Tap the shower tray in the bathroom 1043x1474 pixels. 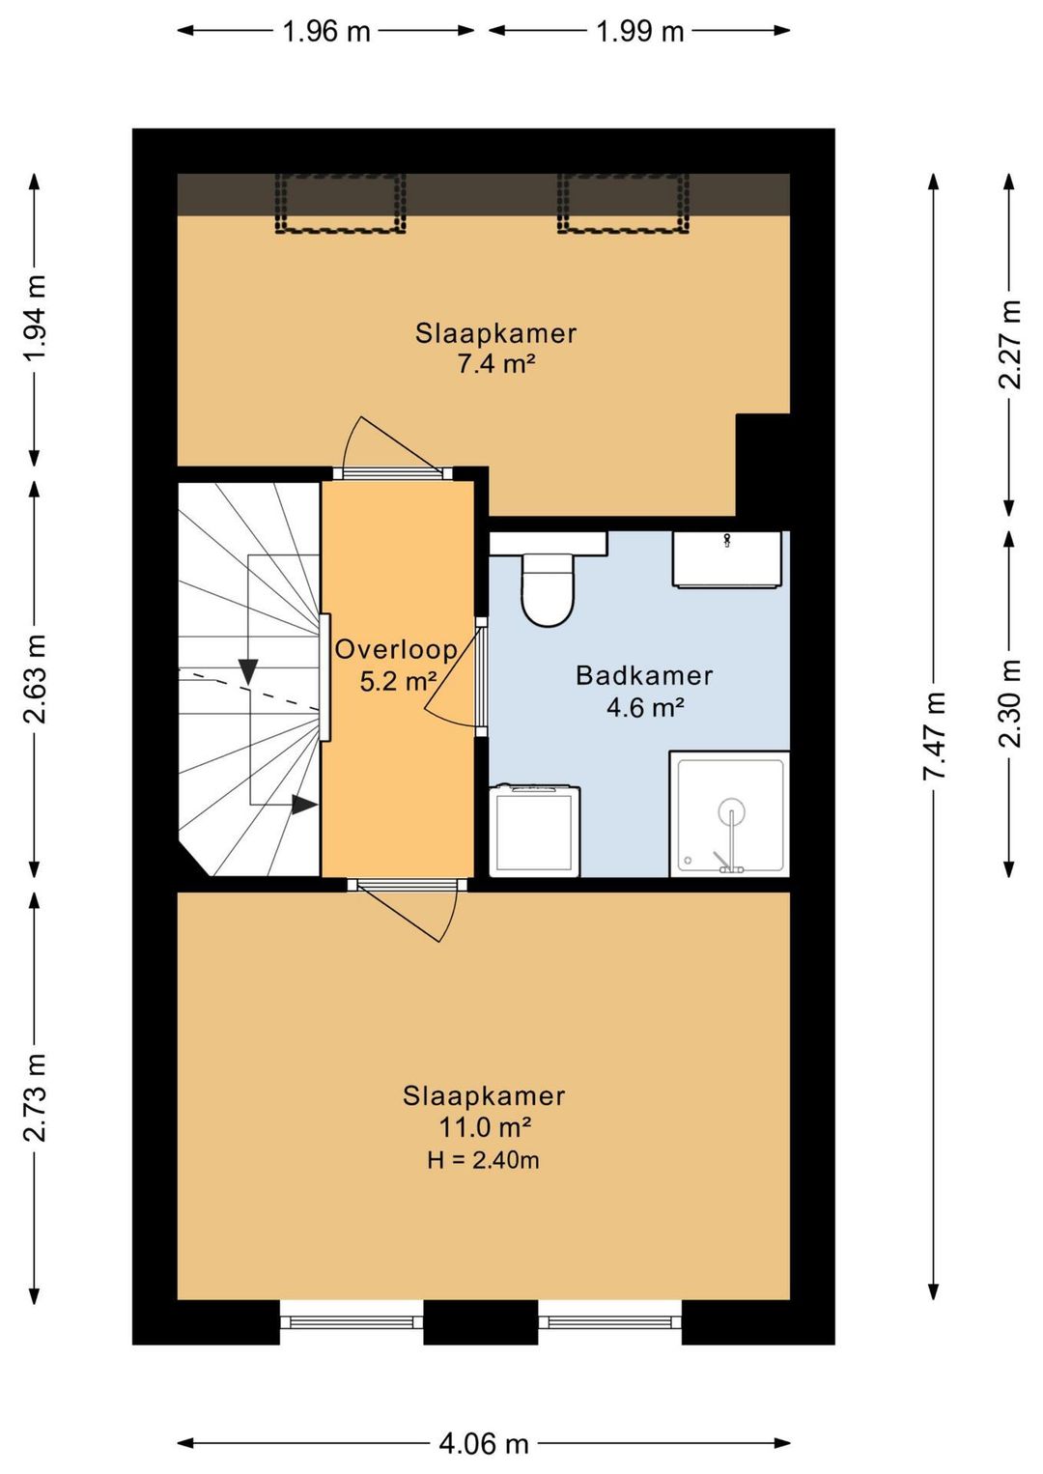(x=729, y=813)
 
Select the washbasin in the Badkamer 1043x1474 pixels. (x=727, y=558)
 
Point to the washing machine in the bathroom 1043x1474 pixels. (x=534, y=831)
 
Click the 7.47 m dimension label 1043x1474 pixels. (x=934, y=735)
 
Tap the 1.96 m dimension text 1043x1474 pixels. (x=326, y=31)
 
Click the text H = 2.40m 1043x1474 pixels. (x=483, y=1160)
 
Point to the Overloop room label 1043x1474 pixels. (x=396, y=649)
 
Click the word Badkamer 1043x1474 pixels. (x=644, y=676)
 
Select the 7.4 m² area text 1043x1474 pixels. (x=496, y=364)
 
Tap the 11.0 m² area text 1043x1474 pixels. (x=485, y=1128)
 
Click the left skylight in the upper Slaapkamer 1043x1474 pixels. (x=340, y=204)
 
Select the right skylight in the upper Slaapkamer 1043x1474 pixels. (x=623, y=204)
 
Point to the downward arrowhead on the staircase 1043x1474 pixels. (x=248, y=672)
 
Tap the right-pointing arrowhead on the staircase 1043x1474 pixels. (x=304, y=804)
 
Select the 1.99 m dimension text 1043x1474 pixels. (x=639, y=31)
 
